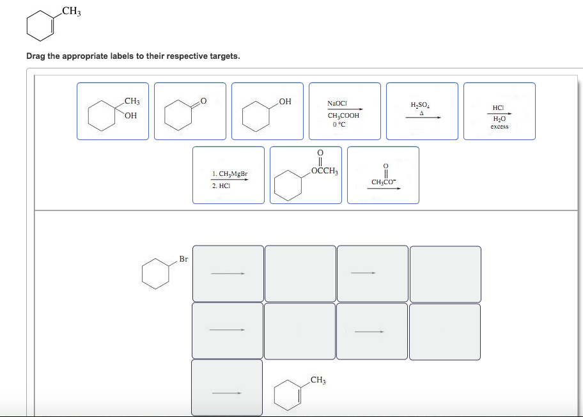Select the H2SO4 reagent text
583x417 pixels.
(421, 105)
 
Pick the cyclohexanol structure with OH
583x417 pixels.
(267, 111)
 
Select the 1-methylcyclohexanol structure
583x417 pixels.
(113, 111)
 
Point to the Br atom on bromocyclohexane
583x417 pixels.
(183, 259)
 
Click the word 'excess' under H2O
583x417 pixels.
(499, 127)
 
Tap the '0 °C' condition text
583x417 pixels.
(338, 124)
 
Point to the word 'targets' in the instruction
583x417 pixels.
(224, 56)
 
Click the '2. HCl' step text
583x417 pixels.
(220, 185)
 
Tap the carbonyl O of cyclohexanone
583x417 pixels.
(203, 99)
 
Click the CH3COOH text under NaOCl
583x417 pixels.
(343, 116)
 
